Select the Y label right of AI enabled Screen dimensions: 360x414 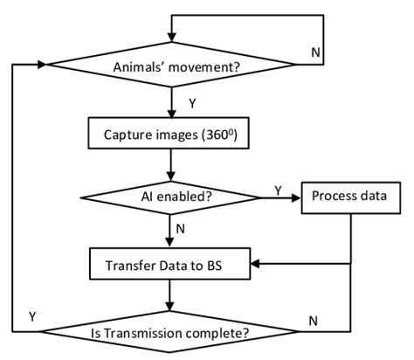278,189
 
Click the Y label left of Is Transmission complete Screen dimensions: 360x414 32,315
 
